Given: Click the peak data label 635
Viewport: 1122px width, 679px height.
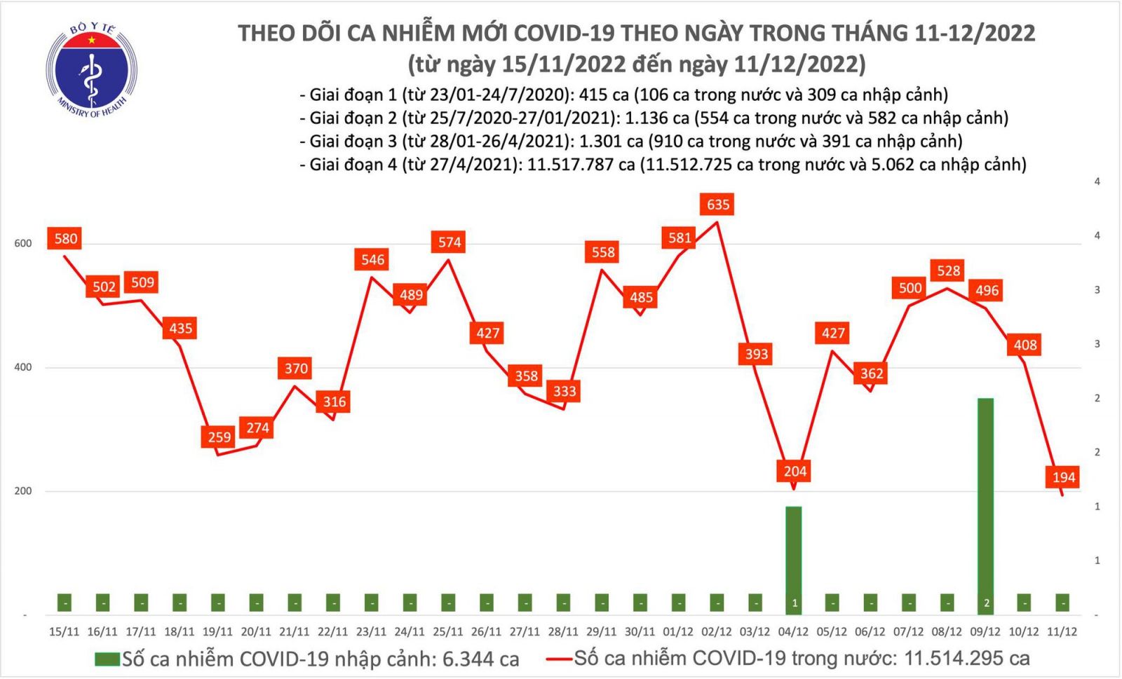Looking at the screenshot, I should click(717, 205).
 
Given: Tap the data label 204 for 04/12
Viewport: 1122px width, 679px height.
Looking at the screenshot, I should click(795, 471).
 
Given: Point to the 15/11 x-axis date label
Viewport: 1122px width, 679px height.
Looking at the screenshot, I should click(64, 631).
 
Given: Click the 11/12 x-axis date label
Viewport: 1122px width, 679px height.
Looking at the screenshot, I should click(1062, 631).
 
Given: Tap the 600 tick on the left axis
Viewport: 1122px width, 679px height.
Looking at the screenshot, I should click(23, 243).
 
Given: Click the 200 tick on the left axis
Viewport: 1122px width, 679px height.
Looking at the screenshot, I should click(23, 491).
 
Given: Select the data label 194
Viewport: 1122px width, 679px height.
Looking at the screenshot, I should click(1063, 477).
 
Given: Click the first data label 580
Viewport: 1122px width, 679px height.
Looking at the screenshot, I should click(66, 238).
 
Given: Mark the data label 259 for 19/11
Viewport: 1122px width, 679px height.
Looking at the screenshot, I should click(219, 437).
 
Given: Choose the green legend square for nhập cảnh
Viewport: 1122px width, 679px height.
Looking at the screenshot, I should click(107, 659).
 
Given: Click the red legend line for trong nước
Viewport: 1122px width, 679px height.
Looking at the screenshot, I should click(559, 659).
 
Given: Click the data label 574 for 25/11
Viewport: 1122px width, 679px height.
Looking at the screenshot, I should click(450, 242).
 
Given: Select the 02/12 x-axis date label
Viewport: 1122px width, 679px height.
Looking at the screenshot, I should click(717, 631).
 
